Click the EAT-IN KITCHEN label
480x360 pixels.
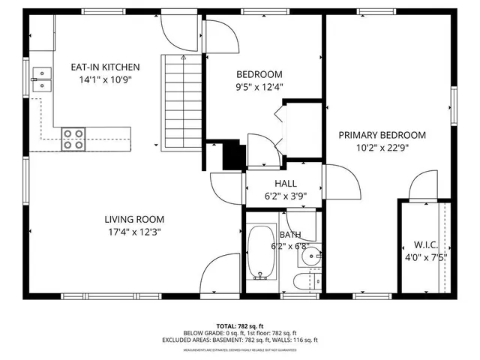pyautogui.click(x=105, y=67)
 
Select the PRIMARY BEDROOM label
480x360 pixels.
pyautogui.click(x=382, y=135)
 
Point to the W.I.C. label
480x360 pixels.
pyautogui.click(x=425, y=244)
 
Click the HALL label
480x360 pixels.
pyautogui.click(x=286, y=183)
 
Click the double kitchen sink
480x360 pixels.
pyautogui.click(x=42, y=79)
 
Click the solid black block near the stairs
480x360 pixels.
pyautogui.click(x=235, y=155)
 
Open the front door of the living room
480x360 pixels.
pyautogui.click(x=222, y=274)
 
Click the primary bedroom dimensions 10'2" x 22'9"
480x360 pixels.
pyautogui.click(x=382, y=148)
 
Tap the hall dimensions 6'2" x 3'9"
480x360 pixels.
pyautogui.click(x=286, y=196)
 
